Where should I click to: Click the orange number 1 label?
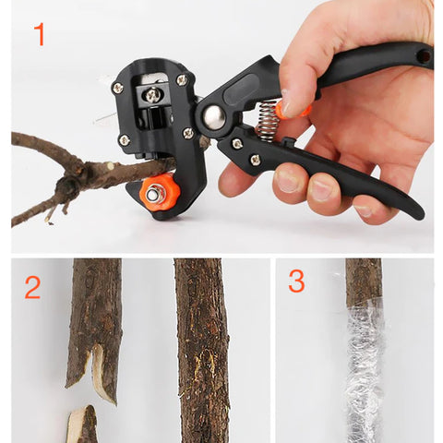point(39,35)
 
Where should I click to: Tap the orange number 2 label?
point(32,288)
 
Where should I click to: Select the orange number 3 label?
point(296,281)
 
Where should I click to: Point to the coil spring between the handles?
point(267,121)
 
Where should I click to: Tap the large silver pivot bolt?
point(214,116)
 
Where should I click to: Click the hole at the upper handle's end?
point(424,56)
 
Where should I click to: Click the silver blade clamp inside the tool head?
point(152,94)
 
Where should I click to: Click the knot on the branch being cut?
point(66,188)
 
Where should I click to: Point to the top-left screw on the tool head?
point(117,88)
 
